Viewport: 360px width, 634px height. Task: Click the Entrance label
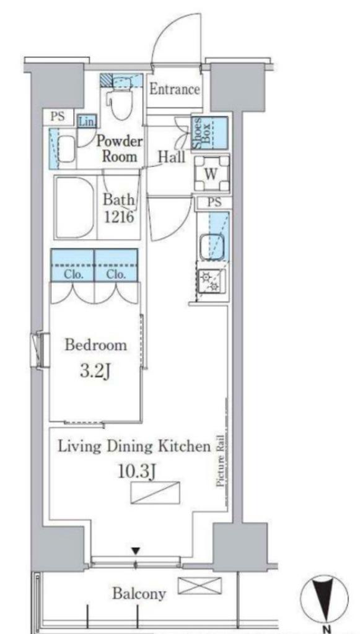175,89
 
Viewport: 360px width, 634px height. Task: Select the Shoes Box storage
209,133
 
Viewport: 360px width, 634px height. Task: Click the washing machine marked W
211,173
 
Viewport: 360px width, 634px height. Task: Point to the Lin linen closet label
86,121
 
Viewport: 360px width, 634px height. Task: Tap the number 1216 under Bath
119,217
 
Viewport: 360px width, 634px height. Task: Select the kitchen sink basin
211,246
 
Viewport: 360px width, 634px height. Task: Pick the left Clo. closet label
73,274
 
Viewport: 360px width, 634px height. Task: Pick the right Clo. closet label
116,274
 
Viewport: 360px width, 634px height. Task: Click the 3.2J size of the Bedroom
95,371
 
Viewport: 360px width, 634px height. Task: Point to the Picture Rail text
221,461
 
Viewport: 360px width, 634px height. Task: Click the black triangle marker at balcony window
136,550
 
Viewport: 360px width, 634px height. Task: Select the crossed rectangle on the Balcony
200,586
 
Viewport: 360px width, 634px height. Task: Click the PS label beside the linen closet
58,116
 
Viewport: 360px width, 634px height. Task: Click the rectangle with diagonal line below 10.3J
156,492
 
